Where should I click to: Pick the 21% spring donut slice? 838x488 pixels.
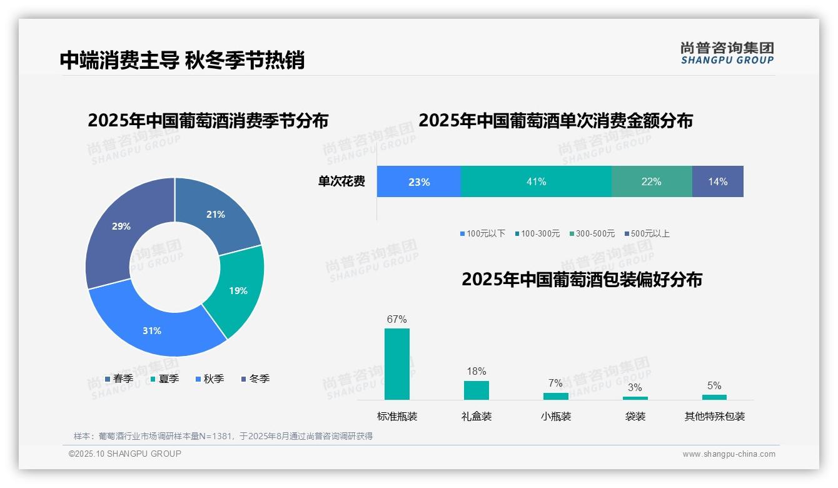215,215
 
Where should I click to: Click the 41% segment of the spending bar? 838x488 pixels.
536,181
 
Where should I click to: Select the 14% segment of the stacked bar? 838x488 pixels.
717,181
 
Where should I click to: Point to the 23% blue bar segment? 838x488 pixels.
418,181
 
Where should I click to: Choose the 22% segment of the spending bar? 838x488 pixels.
651,181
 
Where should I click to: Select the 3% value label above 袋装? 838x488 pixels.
635,387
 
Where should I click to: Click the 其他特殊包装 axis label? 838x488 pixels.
714,416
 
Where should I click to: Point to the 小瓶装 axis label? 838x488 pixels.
555,416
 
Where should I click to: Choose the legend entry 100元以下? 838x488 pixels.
482,233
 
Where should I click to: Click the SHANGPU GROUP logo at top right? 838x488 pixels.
727,53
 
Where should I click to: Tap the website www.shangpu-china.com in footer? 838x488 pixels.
729,454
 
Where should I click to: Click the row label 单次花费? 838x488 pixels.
341,181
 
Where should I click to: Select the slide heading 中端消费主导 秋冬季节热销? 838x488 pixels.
182,60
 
